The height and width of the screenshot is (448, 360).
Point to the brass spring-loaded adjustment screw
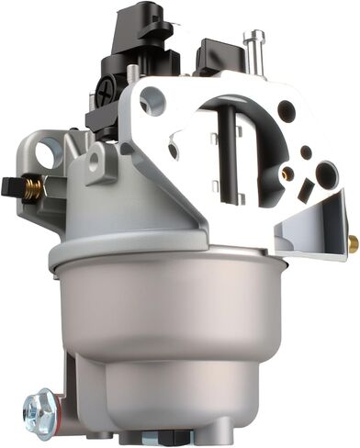pos(33,187)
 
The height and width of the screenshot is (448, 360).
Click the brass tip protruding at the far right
pos(352,242)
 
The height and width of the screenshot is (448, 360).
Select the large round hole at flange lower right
pos(326,174)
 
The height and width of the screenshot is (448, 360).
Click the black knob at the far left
pos(11,185)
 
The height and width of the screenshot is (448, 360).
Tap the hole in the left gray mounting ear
pos(49,151)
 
